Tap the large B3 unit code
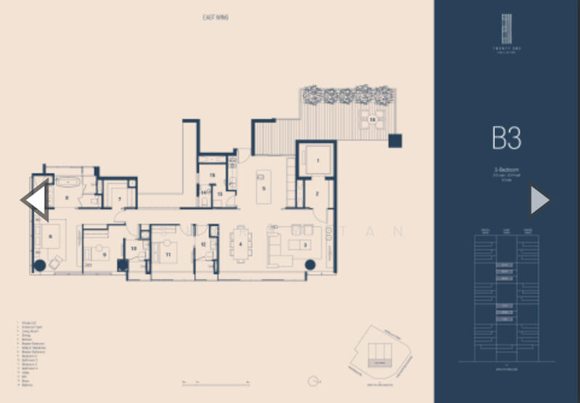click(506, 137)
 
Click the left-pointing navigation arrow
click(35, 200)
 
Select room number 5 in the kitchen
click(264, 189)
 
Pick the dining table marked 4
click(240, 243)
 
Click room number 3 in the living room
click(305, 245)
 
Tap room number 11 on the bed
click(168, 254)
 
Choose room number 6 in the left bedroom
click(50, 236)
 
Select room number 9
click(104, 254)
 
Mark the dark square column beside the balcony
click(395, 141)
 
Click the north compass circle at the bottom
click(313, 380)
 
